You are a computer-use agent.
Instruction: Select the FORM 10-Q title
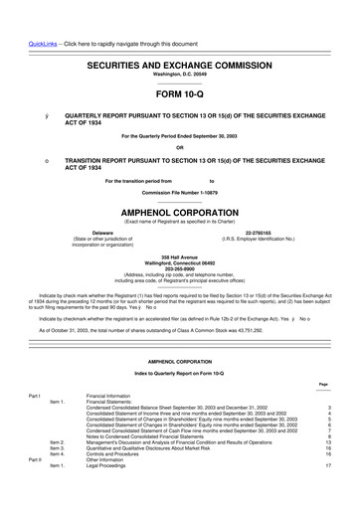point(180,66)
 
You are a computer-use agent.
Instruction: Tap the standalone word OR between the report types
point(180,150)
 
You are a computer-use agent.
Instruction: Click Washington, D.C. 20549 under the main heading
point(180,47)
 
